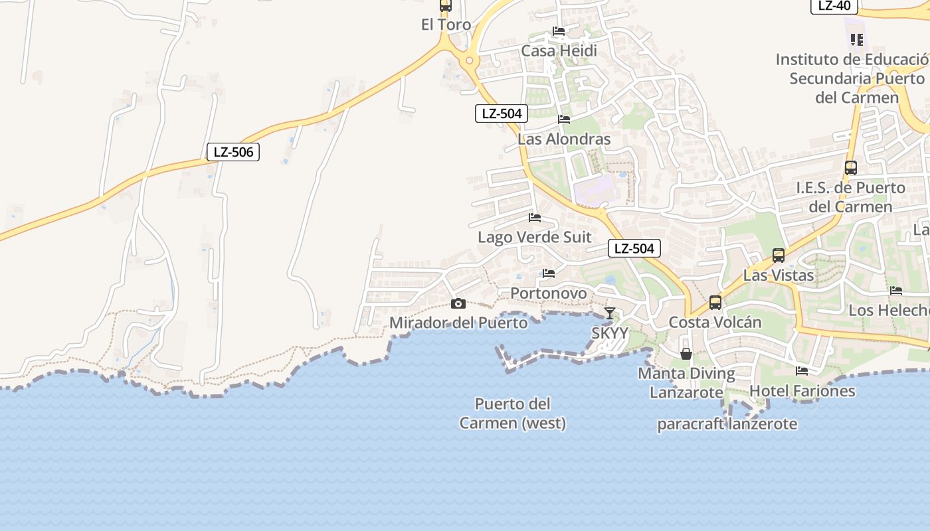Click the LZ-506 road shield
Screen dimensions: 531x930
pyautogui.click(x=232, y=152)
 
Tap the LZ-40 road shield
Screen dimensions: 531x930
pyautogui.click(x=834, y=6)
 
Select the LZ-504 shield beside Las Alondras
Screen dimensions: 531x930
pyautogui.click(x=502, y=114)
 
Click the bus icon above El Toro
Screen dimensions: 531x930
pyautogui.click(x=446, y=6)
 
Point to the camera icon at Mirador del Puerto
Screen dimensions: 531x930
pyautogui.click(x=458, y=304)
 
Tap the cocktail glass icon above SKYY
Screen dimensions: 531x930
pyautogui.click(x=609, y=313)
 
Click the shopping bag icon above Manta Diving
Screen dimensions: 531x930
pyautogui.click(x=686, y=354)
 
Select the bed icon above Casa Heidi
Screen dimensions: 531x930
pyautogui.click(x=559, y=31)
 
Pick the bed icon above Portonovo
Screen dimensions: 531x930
pyautogui.click(x=549, y=273)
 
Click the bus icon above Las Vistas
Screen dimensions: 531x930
pyautogui.click(x=778, y=255)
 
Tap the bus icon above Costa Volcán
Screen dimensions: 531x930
pyautogui.click(x=715, y=302)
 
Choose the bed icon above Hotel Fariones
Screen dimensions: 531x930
pyautogui.click(x=802, y=371)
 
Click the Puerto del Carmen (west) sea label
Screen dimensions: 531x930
pyautogui.click(x=513, y=413)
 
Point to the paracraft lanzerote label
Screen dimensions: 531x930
pyautogui.click(x=727, y=424)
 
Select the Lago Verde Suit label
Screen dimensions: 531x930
pyautogui.click(x=534, y=237)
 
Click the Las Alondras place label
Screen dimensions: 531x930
pyautogui.click(x=564, y=139)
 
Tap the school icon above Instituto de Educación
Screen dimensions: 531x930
pyautogui.click(x=856, y=40)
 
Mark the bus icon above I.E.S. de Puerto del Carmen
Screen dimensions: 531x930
pyautogui.click(x=850, y=168)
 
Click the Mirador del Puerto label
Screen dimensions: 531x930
pyautogui.click(x=458, y=323)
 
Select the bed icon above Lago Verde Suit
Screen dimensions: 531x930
pyautogui.click(x=534, y=217)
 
